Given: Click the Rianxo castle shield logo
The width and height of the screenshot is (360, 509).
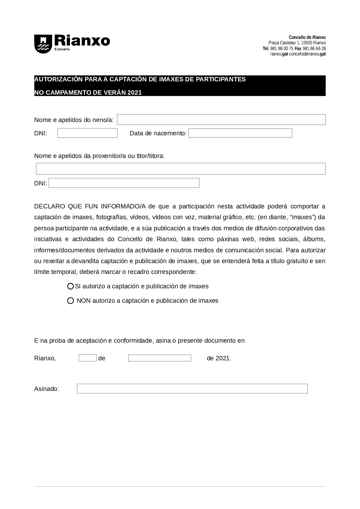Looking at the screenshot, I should [43, 44].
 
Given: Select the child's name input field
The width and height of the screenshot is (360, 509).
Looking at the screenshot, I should [221, 120].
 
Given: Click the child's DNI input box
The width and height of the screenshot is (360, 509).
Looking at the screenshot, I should [87, 133].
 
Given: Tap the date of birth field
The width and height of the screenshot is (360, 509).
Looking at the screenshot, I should [240, 133].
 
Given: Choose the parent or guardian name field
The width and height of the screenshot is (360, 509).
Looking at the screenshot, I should [181, 169].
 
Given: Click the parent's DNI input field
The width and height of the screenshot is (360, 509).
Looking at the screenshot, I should [124, 183].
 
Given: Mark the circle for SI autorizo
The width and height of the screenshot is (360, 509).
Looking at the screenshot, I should [71, 287].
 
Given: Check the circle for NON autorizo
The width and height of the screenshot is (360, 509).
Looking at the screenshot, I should [71, 301].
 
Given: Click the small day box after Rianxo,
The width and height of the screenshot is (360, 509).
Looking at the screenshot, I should [87, 358].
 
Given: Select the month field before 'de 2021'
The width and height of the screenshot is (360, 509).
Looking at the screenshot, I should [159, 358].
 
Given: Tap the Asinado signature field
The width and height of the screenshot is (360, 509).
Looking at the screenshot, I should [192, 389].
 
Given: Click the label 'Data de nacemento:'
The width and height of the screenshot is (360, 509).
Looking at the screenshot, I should [158, 134].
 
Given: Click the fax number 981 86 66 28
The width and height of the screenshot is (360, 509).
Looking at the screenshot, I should [314, 49].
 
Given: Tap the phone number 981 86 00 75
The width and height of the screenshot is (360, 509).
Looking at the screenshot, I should [282, 49].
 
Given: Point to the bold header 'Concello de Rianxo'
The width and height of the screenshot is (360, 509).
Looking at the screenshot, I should [307, 37].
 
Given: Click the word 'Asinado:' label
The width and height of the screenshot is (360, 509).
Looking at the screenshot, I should [46, 389].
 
